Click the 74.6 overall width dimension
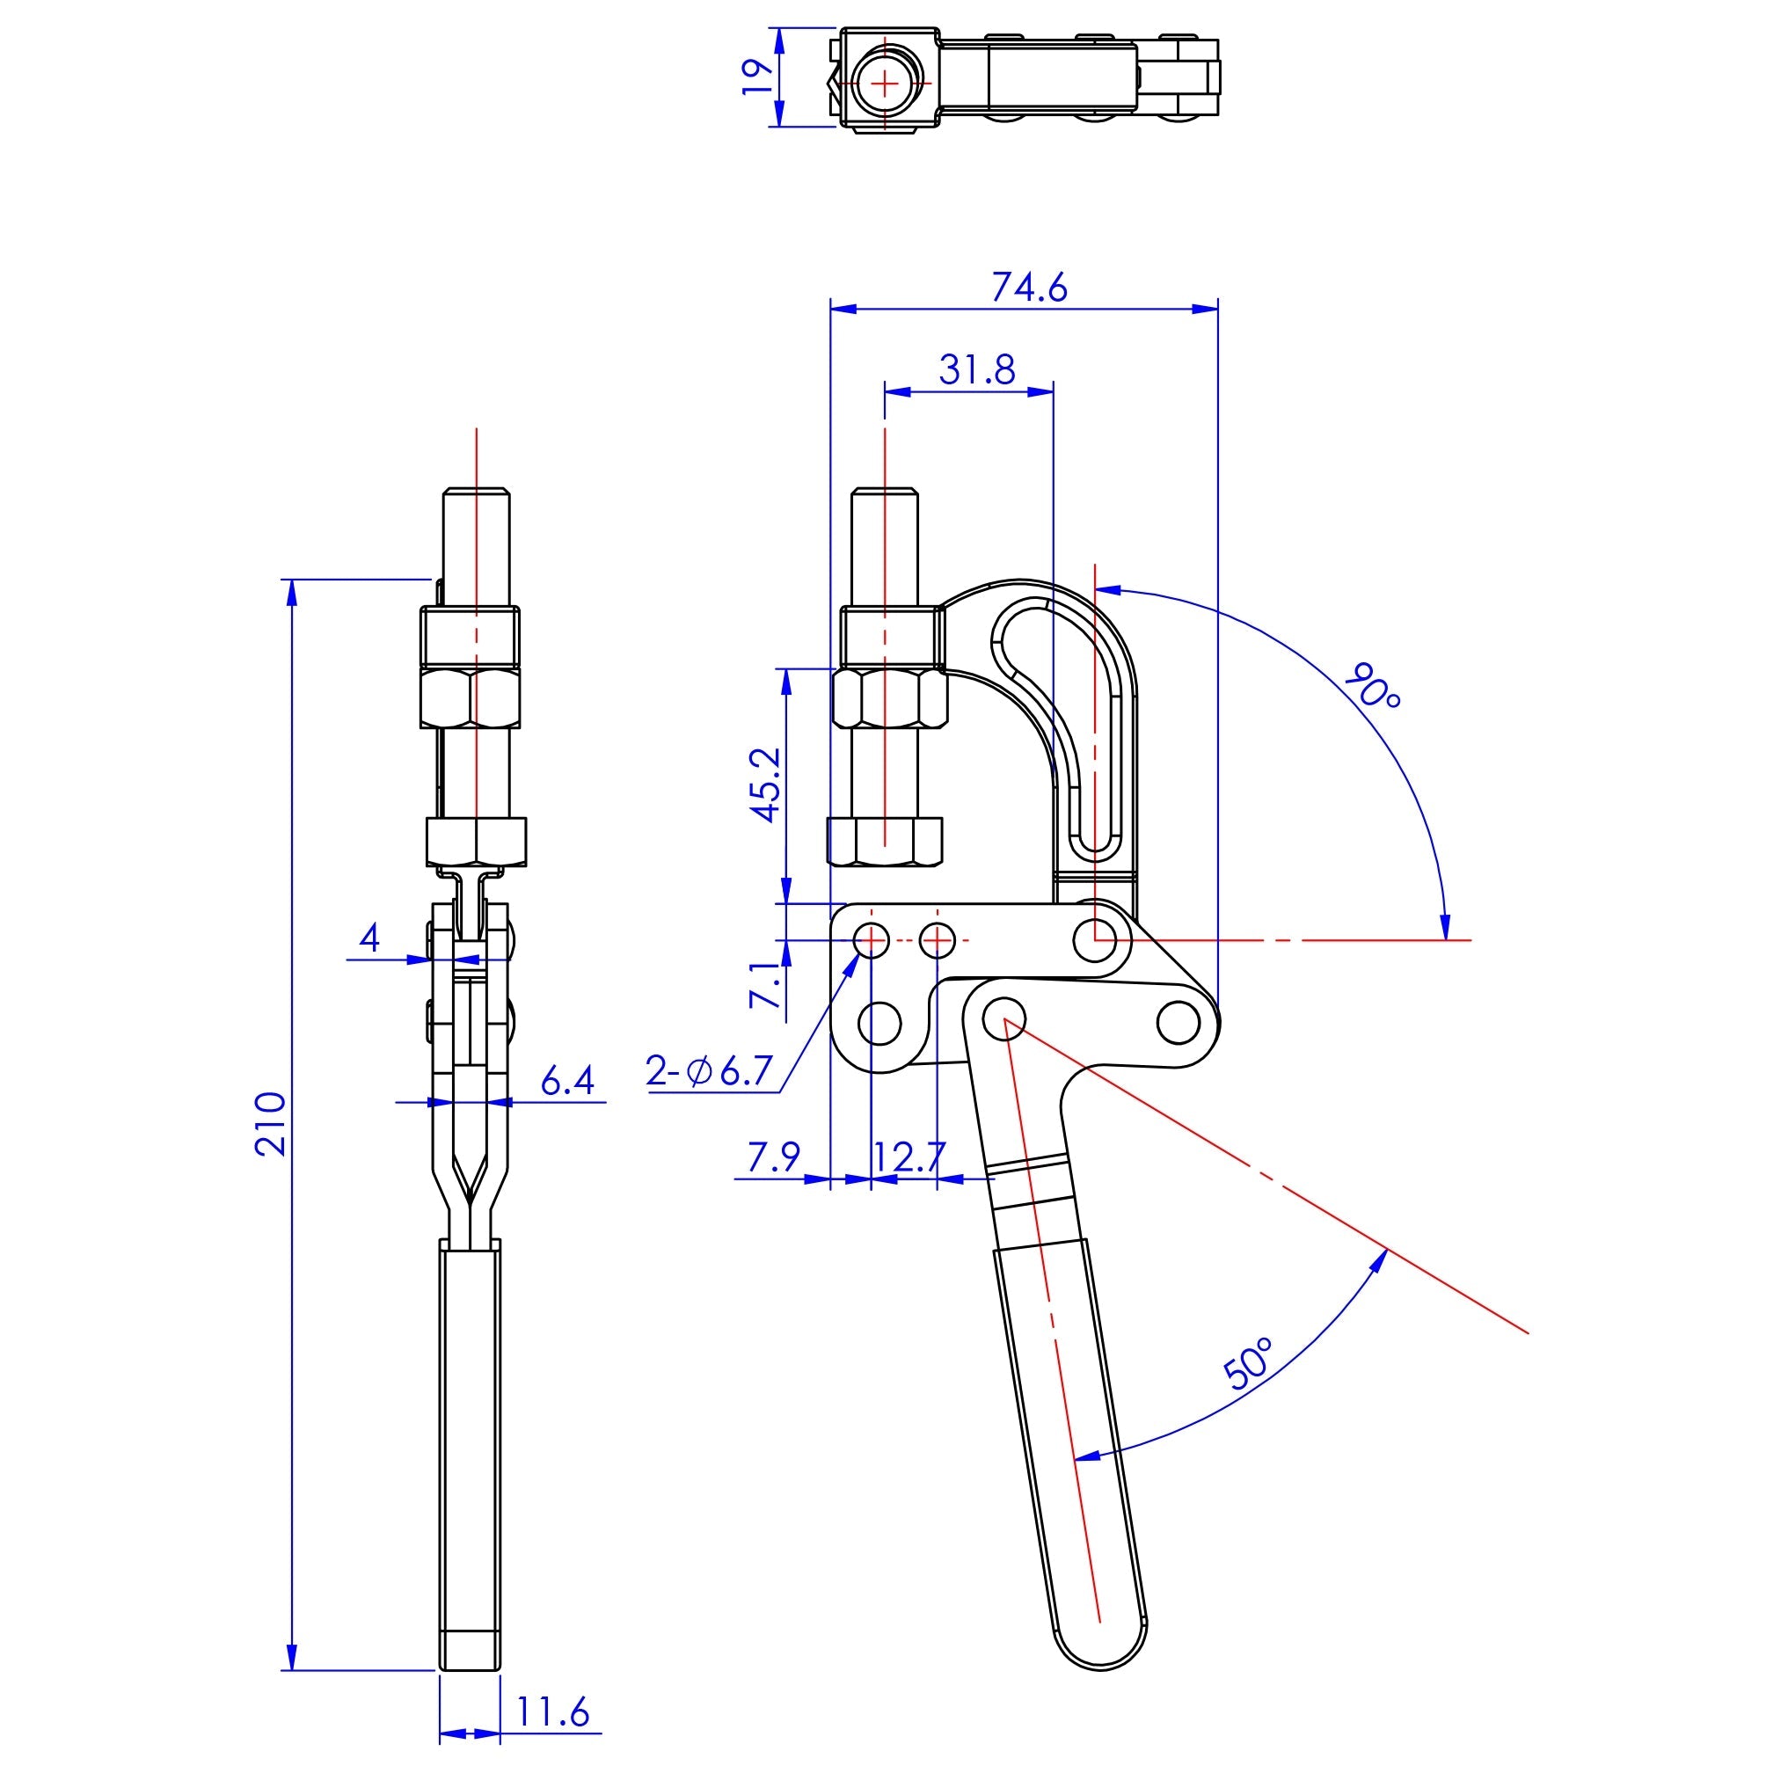1028,288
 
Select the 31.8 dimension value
976,369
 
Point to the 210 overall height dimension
272,1123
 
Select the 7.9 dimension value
773,1157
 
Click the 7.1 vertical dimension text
765,983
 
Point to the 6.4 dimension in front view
566,1082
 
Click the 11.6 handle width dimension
554,1712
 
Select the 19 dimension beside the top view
757,77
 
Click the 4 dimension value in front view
369,938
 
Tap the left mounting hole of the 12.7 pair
871,938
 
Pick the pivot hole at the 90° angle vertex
1095,938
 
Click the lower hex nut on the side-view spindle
884,841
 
